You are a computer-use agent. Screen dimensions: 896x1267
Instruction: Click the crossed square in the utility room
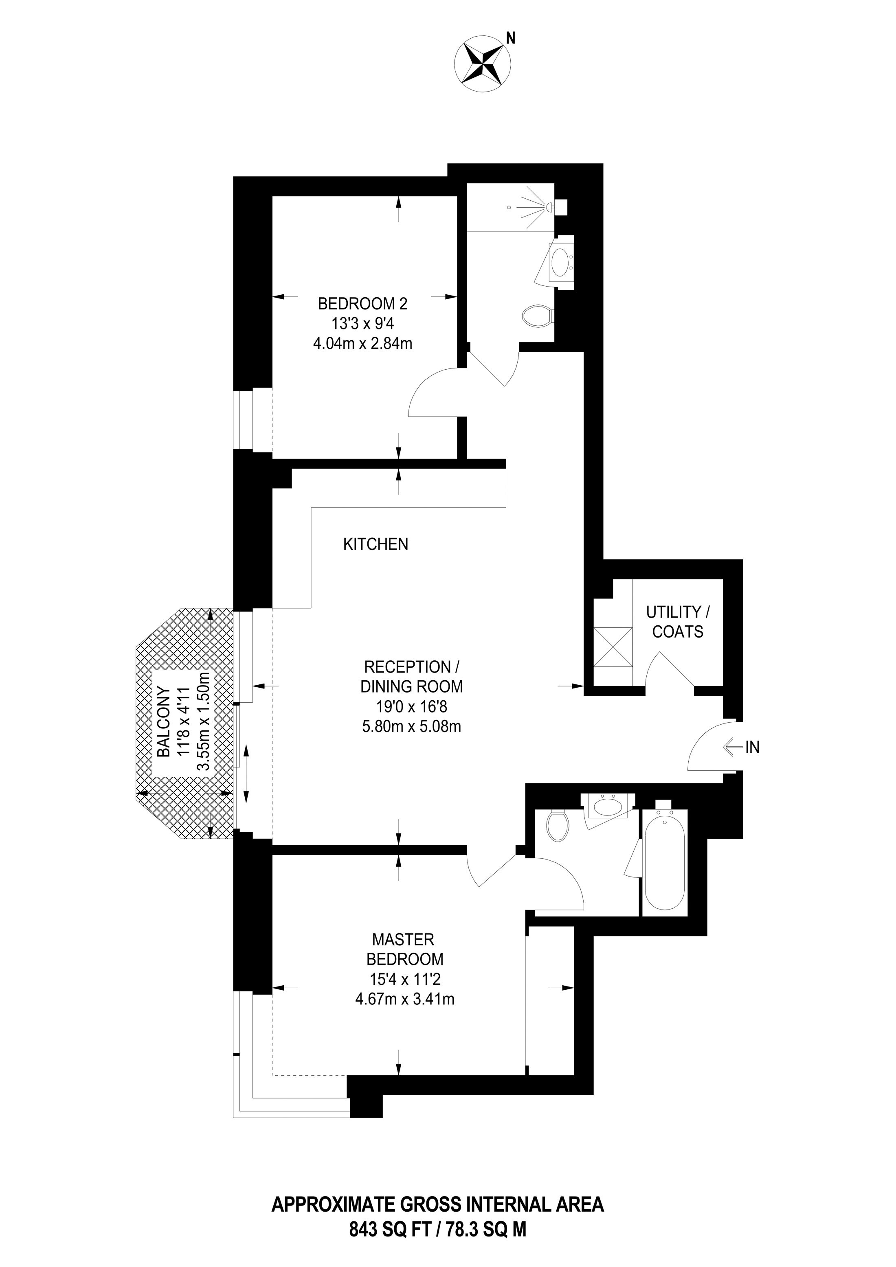tap(613, 647)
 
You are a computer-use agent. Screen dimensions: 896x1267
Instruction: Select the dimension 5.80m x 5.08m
tap(411, 727)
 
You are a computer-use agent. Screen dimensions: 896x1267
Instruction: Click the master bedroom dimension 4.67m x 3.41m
tap(405, 998)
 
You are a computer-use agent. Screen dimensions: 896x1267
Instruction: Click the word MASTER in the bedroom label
tap(403, 939)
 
